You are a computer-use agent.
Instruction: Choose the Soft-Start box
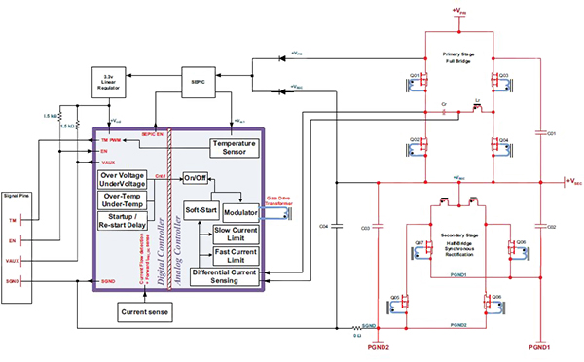click(x=201, y=210)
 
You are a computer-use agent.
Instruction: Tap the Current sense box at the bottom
click(x=146, y=311)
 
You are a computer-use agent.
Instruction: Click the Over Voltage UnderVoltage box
click(x=122, y=179)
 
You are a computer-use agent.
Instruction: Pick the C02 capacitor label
click(x=550, y=226)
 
